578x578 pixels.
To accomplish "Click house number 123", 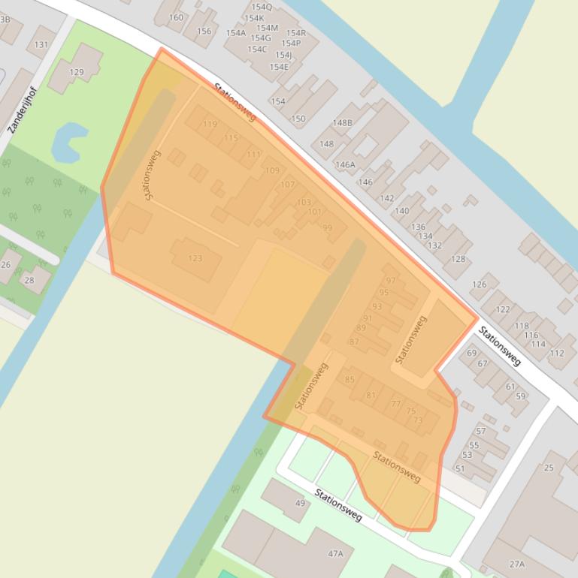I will click(195, 258).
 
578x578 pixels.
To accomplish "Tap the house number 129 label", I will click(77, 72).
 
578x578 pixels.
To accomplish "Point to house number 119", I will click(210, 125).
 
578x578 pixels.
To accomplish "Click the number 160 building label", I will click(176, 17).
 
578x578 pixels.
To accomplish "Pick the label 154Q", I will click(262, 7).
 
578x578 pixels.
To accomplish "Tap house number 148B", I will click(342, 123).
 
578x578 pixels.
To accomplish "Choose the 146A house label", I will click(345, 165).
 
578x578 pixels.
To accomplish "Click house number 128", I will click(458, 260).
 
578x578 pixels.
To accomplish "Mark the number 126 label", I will click(480, 284).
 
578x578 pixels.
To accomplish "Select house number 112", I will click(557, 353).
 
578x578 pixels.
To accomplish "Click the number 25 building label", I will click(549, 468).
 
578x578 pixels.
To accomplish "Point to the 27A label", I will click(516, 564).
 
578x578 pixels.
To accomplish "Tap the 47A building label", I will click(335, 554).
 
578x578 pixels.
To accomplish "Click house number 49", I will click(301, 503).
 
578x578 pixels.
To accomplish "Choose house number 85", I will click(350, 380).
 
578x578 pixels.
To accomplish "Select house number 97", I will click(391, 281).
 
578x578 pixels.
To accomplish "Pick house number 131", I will click(41, 44).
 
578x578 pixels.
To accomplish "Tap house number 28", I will click(29, 280).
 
